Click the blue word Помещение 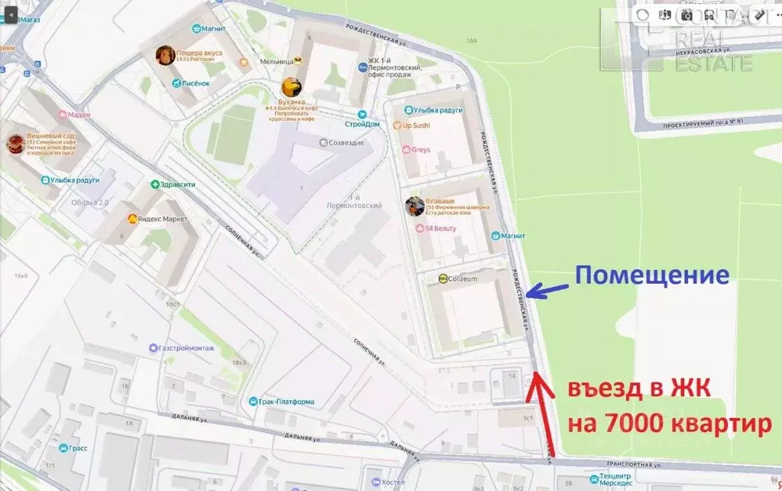651,275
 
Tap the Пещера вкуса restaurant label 199,54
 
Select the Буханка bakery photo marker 290,86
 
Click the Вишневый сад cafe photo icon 15,144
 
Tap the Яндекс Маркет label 164,219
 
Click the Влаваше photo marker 414,206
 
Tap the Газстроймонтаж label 187,348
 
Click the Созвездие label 346,142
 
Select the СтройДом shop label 362,124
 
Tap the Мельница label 276,60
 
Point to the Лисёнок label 195,83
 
